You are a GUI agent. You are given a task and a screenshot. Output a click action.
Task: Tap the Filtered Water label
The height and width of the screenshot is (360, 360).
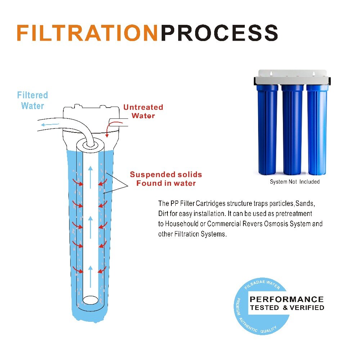[x=32, y=100]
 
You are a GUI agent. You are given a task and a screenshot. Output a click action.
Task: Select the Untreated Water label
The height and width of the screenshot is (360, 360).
[x=143, y=111]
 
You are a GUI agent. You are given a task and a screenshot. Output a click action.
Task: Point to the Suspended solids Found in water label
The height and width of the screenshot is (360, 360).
[x=166, y=179]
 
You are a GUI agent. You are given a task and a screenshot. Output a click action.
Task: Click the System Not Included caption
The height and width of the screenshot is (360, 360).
[x=294, y=182]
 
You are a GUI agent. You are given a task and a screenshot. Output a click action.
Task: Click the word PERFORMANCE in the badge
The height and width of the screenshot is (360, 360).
[x=287, y=299]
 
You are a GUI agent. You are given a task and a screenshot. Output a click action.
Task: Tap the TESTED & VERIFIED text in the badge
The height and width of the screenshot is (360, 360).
[x=287, y=307]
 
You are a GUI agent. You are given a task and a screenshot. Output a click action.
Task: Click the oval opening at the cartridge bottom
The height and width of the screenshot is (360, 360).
[x=90, y=300]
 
